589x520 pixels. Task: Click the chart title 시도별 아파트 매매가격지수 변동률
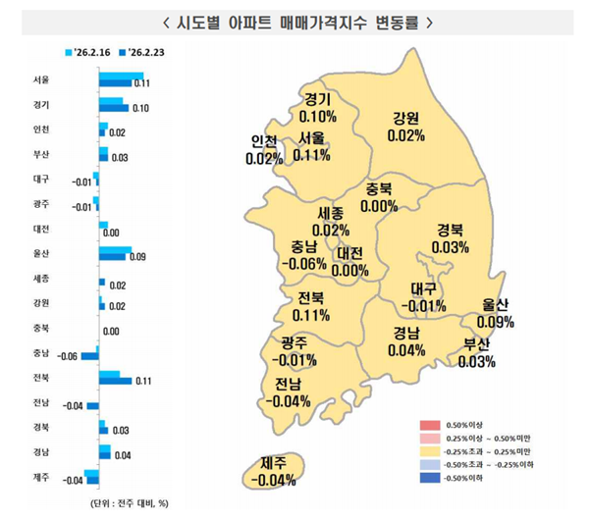pos(294,20)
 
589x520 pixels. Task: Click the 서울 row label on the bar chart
pos(41,79)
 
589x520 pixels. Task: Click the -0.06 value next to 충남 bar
pos(68,356)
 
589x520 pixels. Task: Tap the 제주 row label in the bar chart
pos(41,479)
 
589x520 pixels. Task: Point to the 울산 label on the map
pos(494,305)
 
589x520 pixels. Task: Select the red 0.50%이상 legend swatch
pos(428,423)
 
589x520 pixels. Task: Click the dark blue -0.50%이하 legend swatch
pos(428,478)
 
